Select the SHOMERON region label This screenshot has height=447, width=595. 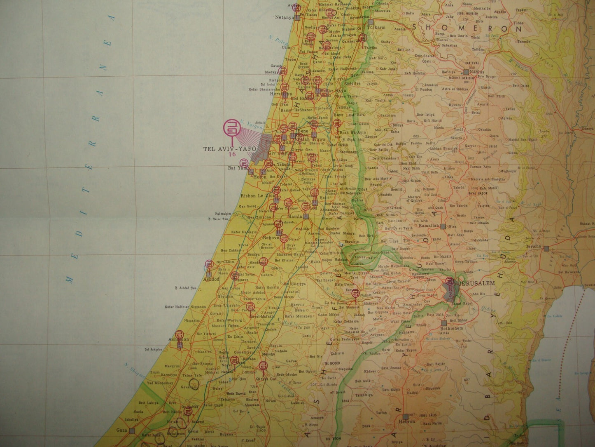pyautogui.click(x=467, y=29)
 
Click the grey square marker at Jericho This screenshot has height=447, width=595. pyautogui.click(x=546, y=248)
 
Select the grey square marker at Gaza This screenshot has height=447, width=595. pyautogui.click(x=132, y=430)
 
